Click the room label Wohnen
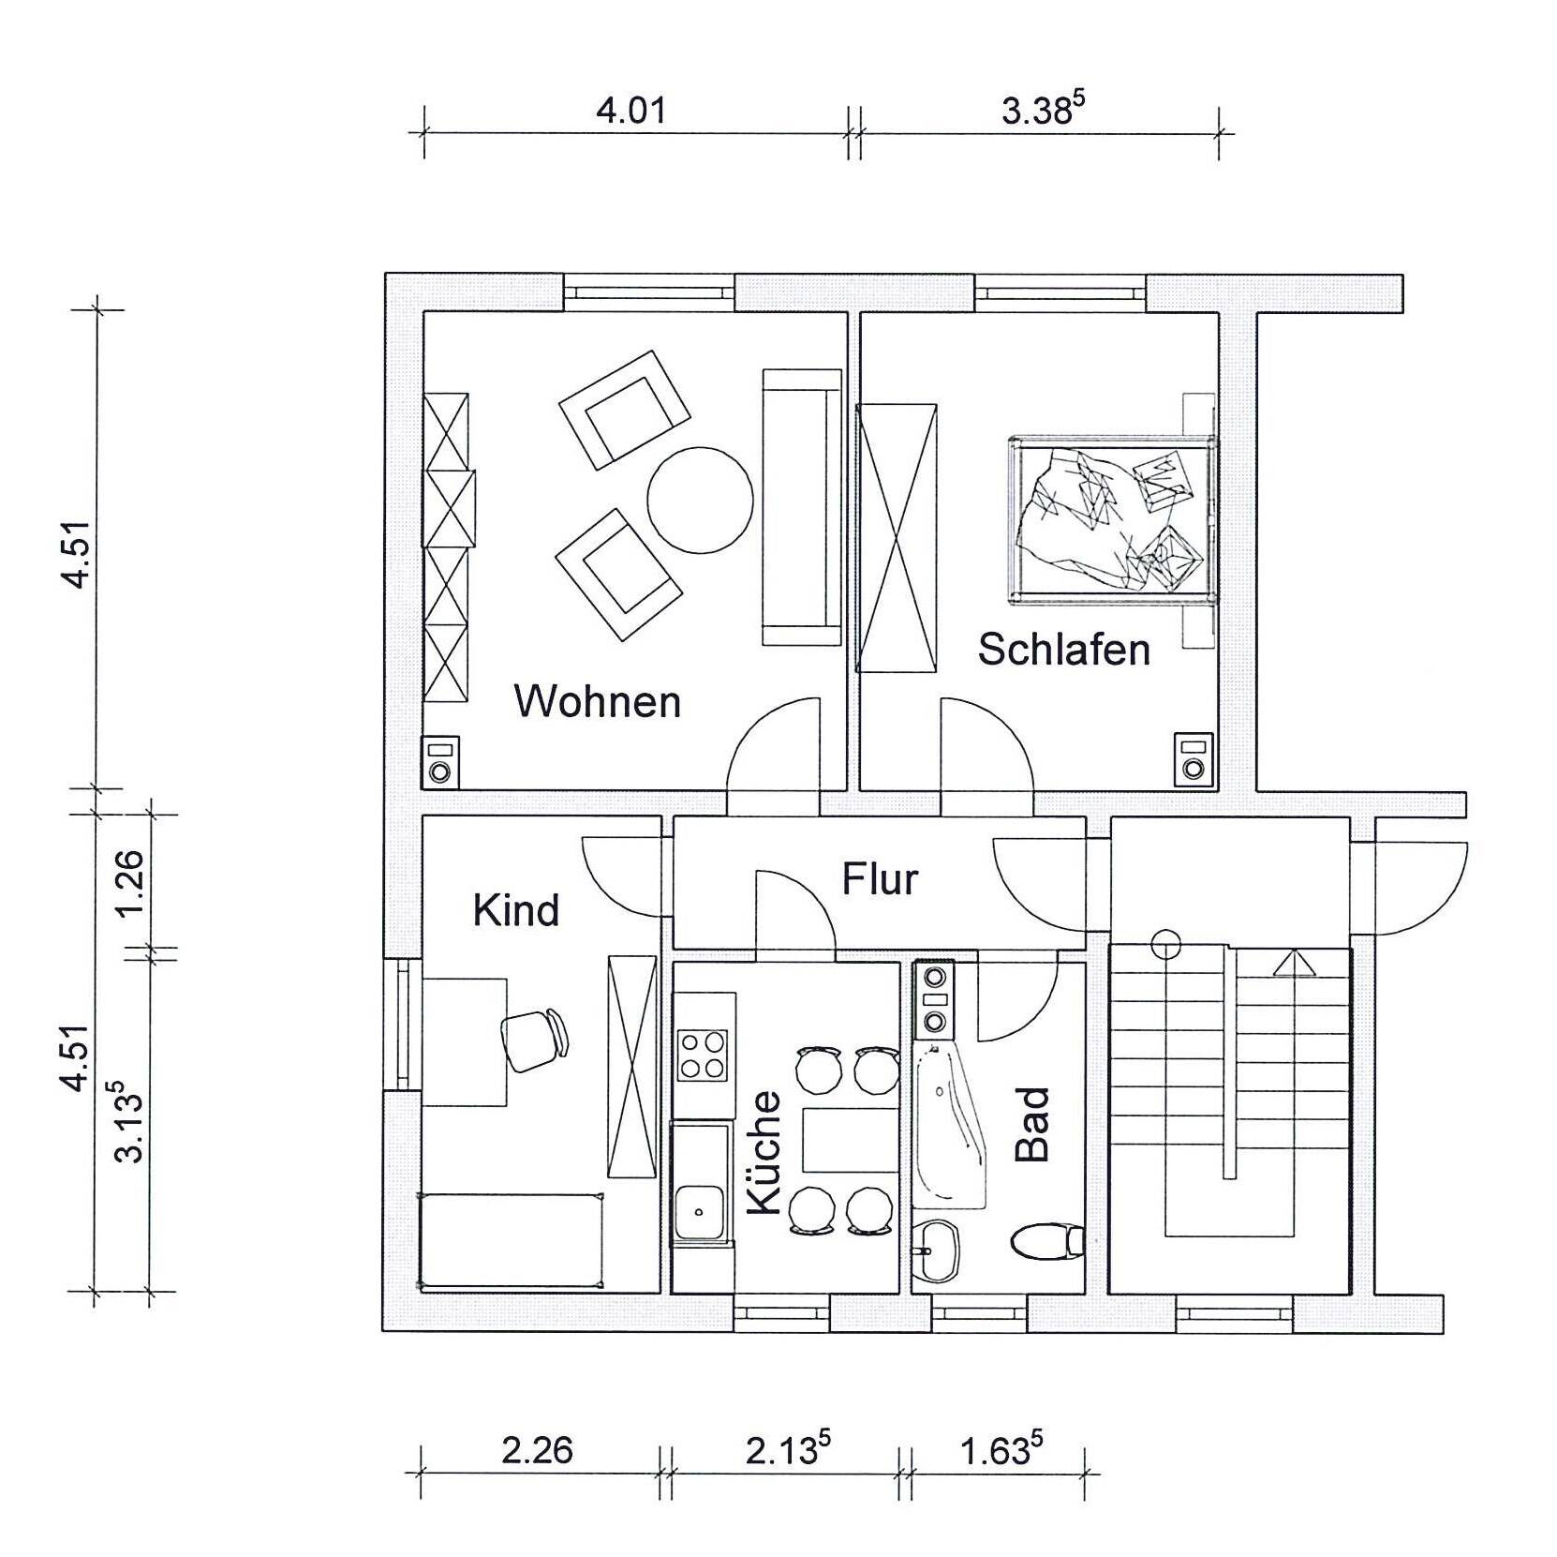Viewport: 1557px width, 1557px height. coord(598,701)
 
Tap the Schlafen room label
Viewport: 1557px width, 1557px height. coord(1064,649)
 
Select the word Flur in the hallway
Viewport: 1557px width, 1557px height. coord(880,879)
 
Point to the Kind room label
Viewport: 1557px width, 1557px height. coord(516,909)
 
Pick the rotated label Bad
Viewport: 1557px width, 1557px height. coord(1032,1125)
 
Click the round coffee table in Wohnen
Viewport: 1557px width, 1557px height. coord(701,500)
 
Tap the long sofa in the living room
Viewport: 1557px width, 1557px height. coord(802,507)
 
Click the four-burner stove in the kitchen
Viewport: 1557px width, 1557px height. coord(703,1055)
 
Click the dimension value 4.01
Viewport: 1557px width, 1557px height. coord(631,111)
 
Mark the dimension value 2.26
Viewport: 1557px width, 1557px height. coord(537,1450)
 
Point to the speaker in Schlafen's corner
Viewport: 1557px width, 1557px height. coord(1193,758)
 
